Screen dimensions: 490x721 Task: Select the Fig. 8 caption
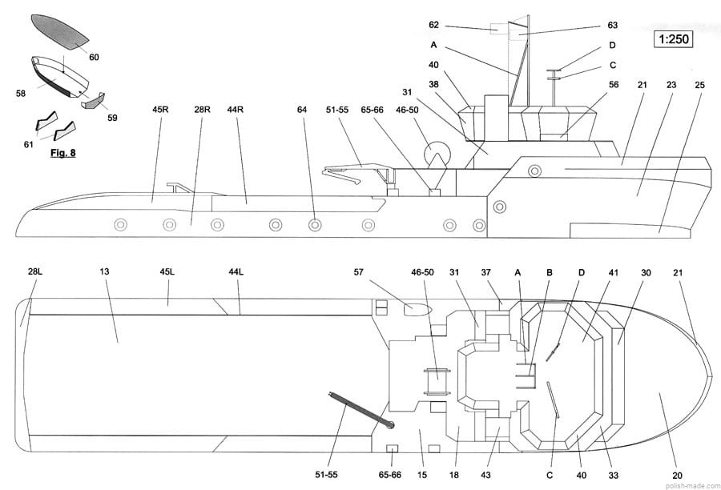click(x=62, y=152)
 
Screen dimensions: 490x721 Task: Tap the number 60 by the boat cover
click(x=94, y=57)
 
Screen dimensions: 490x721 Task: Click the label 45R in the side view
click(x=161, y=108)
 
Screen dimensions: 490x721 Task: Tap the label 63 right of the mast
click(x=613, y=25)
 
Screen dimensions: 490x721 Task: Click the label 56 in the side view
click(x=614, y=84)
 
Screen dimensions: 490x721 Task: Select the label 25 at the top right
click(x=699, y=84)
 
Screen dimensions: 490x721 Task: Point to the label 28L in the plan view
click(x=34, y=272)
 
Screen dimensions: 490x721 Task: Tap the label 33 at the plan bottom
click(x=613, y=476)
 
